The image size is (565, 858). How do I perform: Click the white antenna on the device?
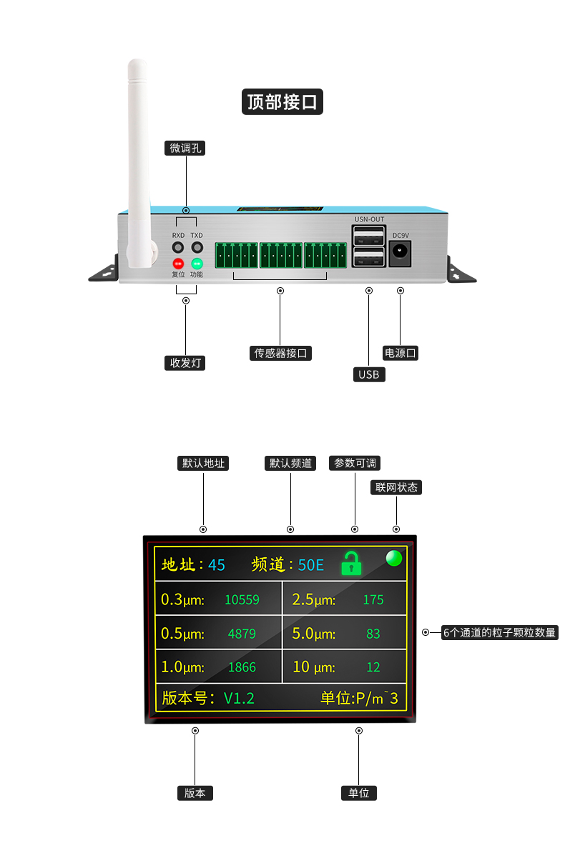point(138,157)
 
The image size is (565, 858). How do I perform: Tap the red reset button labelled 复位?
point(178,264)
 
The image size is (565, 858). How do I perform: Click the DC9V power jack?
point(400,251)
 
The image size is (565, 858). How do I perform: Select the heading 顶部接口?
point(282,102)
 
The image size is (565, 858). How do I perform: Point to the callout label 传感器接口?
point(282,353)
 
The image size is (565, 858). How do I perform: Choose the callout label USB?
point(369,374)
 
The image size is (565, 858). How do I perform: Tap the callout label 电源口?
point(401,353)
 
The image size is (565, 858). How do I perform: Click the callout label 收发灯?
point(185,363)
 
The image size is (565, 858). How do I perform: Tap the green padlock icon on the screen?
point(351,564)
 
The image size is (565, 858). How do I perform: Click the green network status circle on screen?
point(393,559)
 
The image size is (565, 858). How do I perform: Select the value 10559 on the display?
point(242,600)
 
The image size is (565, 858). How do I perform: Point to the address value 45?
point(217,565)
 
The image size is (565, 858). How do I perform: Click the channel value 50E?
point(311,565)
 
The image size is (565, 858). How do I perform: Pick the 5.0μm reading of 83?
point(373,634)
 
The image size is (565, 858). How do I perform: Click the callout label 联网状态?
point(397,487)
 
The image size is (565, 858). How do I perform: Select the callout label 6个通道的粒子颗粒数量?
point(499,632)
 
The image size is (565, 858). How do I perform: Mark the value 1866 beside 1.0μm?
point(242,667)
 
